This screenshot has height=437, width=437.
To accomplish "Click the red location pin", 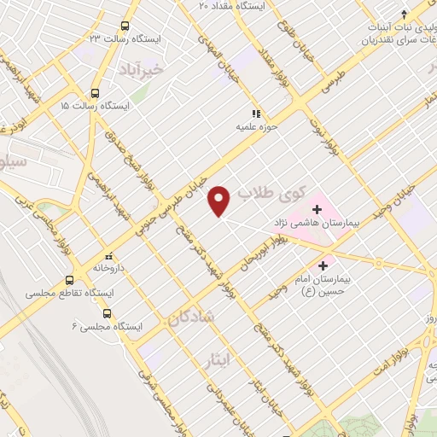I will (219, 201).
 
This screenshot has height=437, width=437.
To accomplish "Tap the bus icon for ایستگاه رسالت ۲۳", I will (125, 26).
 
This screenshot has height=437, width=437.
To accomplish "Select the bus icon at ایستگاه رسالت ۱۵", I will (94, 91).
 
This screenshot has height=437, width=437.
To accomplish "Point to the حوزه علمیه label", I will (256, 126).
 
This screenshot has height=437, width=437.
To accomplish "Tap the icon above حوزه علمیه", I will (254, 113).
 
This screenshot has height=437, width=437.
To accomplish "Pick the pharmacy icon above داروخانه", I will (108, 255).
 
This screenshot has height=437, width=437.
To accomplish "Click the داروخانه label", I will (111, 268).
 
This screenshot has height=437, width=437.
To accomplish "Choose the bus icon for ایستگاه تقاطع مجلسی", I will (69, 279).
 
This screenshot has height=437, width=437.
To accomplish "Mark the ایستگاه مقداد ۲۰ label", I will (232, 6).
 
